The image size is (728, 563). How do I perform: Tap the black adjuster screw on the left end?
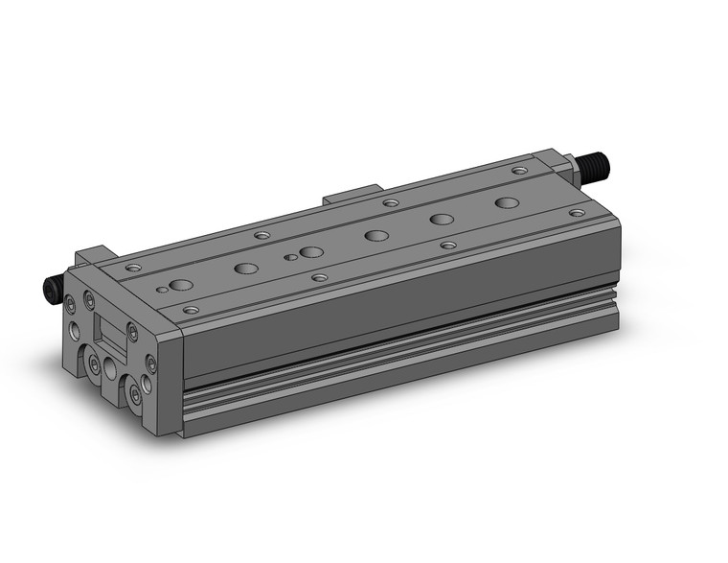(53, 289)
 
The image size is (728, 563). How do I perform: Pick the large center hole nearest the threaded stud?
(507, 202)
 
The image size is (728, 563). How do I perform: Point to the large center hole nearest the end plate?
(180, 285)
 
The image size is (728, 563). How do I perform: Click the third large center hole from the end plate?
(311, 252)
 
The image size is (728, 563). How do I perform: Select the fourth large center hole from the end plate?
(376, 235)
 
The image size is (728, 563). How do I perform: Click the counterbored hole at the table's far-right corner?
(519, 171)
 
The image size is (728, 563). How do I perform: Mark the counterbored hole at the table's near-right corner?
(575, 212)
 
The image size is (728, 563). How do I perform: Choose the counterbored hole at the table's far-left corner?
(132, 267)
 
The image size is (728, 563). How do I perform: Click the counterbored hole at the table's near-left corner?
(191, 311)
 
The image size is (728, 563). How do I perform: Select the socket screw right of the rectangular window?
(132, 333)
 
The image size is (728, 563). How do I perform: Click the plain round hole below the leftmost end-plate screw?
(75, 333)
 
